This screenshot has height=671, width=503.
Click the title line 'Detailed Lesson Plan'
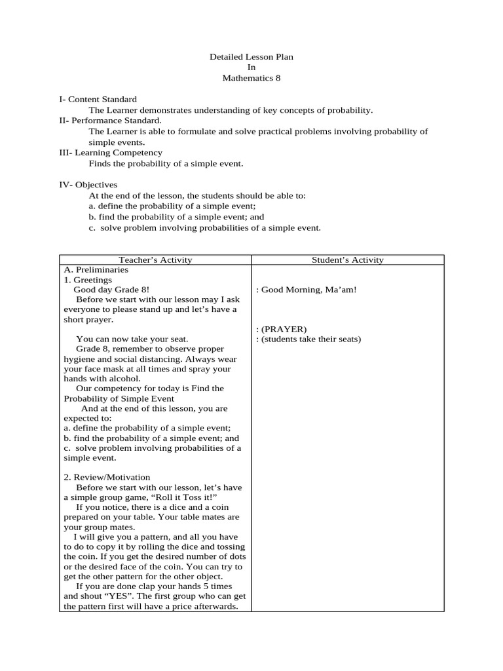point(251,57)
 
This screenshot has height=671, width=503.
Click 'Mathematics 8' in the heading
point(251,78)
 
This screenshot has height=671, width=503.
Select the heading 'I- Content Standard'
point(98,100)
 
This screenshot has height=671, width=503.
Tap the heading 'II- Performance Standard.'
point(110,121)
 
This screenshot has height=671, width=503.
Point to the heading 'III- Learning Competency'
point(111,153)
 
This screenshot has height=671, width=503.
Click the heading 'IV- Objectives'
point(88,185)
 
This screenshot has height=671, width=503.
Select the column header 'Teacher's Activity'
point(155,260)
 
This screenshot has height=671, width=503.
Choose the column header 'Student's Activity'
point(348,260)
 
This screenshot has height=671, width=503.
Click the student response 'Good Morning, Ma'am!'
point(307,290)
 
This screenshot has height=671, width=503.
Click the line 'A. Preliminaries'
point(96,270)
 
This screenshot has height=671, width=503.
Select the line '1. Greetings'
point(88,280)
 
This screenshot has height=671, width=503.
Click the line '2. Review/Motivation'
point(107,477)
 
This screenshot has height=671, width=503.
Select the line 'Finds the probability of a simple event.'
point(166,163)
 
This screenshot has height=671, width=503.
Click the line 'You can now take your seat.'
point(132,339)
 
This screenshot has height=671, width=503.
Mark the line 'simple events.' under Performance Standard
point(117,142)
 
